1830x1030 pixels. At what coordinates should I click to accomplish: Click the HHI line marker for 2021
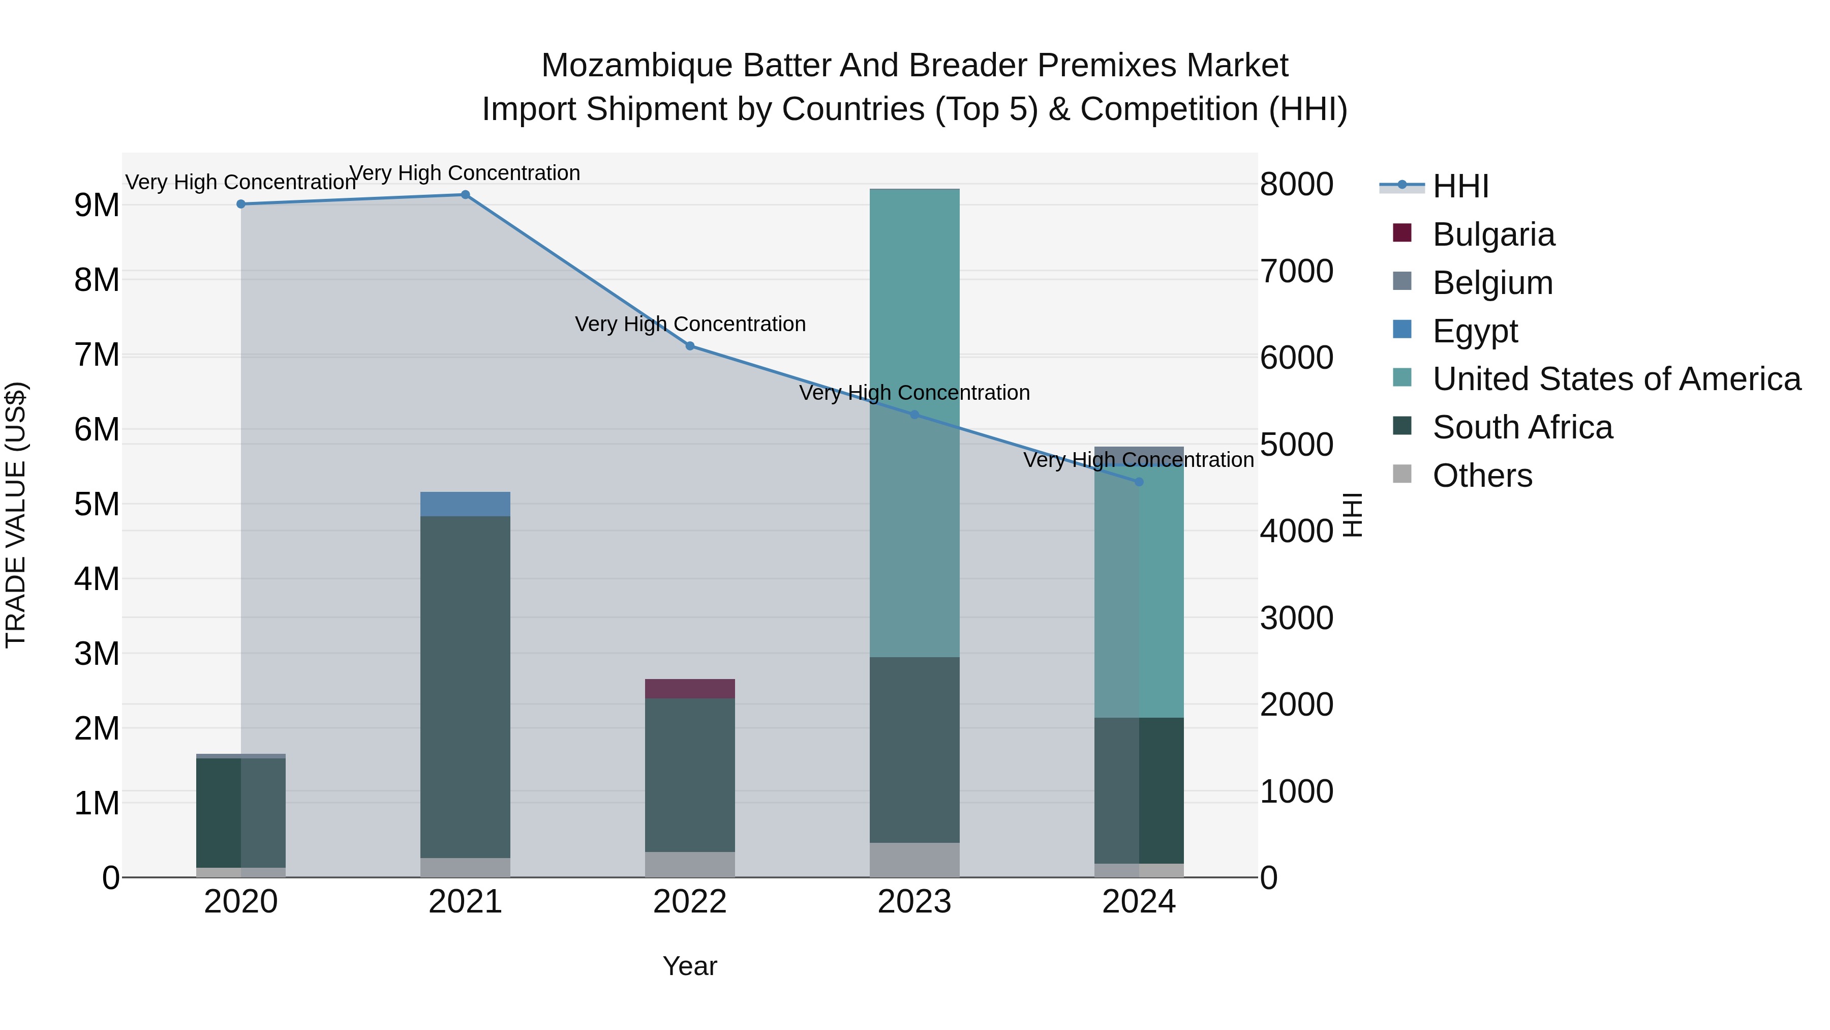tap(465, 195)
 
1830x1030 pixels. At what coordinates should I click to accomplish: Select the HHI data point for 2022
tap(690, 346)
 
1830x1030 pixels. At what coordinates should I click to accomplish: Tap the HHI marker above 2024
tap(1139, 482)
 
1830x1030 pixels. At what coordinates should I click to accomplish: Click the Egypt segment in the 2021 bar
tap(465, 504)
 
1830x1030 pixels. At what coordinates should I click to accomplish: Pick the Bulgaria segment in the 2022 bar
tap(690, 689)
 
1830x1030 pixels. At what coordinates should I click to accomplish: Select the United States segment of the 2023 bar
tap(914, 423)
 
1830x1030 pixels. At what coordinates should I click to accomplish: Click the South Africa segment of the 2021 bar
tap(465, 687)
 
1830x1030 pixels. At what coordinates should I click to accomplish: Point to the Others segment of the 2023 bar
tap(914, 860)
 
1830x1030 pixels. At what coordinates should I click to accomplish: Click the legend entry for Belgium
tap(1492, 283)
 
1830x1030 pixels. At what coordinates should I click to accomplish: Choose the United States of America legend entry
tap(1616, 379)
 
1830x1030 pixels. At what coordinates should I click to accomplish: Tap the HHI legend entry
tap(1460, 186)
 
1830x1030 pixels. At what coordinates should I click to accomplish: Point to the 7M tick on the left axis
tap(97, 355)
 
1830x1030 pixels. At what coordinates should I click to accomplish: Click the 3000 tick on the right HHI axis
tap(1296, 617)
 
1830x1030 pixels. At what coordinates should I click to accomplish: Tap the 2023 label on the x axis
tap(914, 902)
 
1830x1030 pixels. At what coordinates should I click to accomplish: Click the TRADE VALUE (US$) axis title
tap(16, 515)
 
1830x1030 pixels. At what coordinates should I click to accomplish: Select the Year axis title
tap(690, 966)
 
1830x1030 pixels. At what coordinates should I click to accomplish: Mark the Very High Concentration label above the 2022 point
tap(690, 324)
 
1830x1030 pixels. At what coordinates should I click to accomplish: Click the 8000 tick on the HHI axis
tap(1296, 184)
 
